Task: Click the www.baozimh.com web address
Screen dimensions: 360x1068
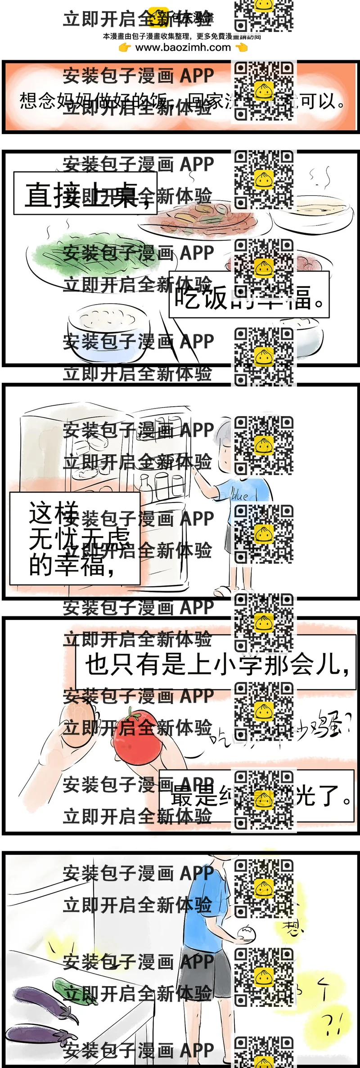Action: pos(183,47)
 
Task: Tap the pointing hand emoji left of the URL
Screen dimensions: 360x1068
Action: pos(125,47)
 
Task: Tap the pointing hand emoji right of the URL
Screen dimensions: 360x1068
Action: pos(242,47)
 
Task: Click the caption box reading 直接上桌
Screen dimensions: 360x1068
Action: pos(85,194)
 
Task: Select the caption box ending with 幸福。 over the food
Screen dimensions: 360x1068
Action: pos(249,295)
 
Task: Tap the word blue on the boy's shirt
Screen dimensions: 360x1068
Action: pos(239,495)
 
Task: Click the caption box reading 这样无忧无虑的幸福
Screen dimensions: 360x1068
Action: pos(75,538)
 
